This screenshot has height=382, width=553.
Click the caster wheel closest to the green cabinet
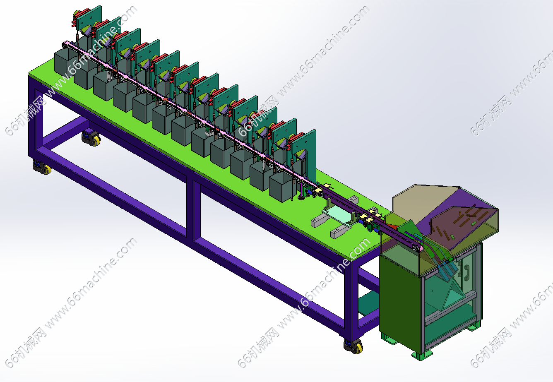(353, 346)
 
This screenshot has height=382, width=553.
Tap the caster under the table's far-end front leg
(42, 168)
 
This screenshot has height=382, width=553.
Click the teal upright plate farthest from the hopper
(89, 20)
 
